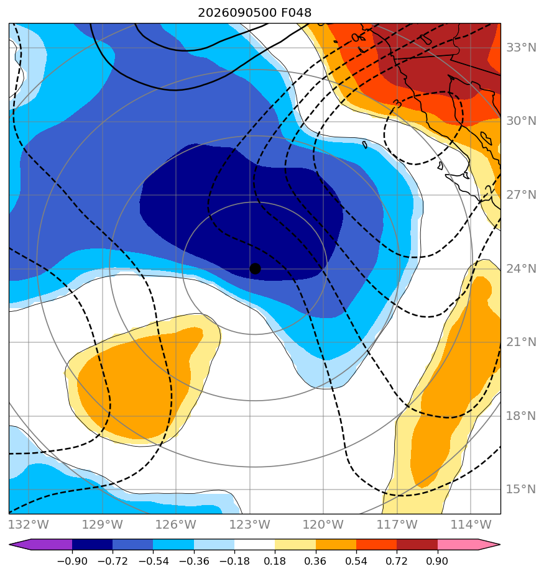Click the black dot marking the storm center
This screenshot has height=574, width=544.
click(255, 268)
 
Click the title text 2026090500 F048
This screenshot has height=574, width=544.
click(255, 13)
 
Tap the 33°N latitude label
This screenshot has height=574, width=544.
click(521, 48)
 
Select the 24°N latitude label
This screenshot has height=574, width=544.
click(521, 269)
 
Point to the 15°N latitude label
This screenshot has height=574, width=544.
click(521, 489)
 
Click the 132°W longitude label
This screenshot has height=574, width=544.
click(29, 524)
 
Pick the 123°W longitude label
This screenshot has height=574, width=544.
click(250, 524)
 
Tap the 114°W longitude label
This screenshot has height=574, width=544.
click(471, 524)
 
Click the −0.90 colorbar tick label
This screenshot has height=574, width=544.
click(72, 561)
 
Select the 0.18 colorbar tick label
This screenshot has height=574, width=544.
click(275, 561)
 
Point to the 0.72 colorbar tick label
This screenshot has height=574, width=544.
click(397, 561)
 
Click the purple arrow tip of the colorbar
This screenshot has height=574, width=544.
click(10, 545)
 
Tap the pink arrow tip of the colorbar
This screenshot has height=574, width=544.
click(499, 545)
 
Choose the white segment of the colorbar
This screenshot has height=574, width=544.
click(255, 545)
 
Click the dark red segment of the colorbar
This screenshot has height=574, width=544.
click(417, 545)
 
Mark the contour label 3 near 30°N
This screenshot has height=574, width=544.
click(398, 104)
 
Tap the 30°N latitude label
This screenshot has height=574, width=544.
click(521, 121)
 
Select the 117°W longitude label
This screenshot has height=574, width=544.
click(397, 524)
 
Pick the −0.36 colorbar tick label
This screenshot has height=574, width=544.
click(194, 561)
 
